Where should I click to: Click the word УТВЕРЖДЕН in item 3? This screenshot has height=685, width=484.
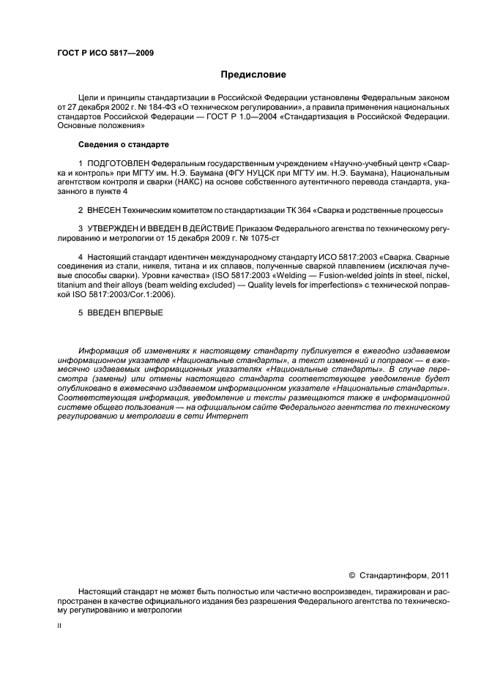tap(116, 229)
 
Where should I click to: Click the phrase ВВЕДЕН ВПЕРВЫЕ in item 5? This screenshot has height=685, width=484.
tap(124, 312)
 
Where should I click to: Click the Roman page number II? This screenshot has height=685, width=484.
tap(59, 626)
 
